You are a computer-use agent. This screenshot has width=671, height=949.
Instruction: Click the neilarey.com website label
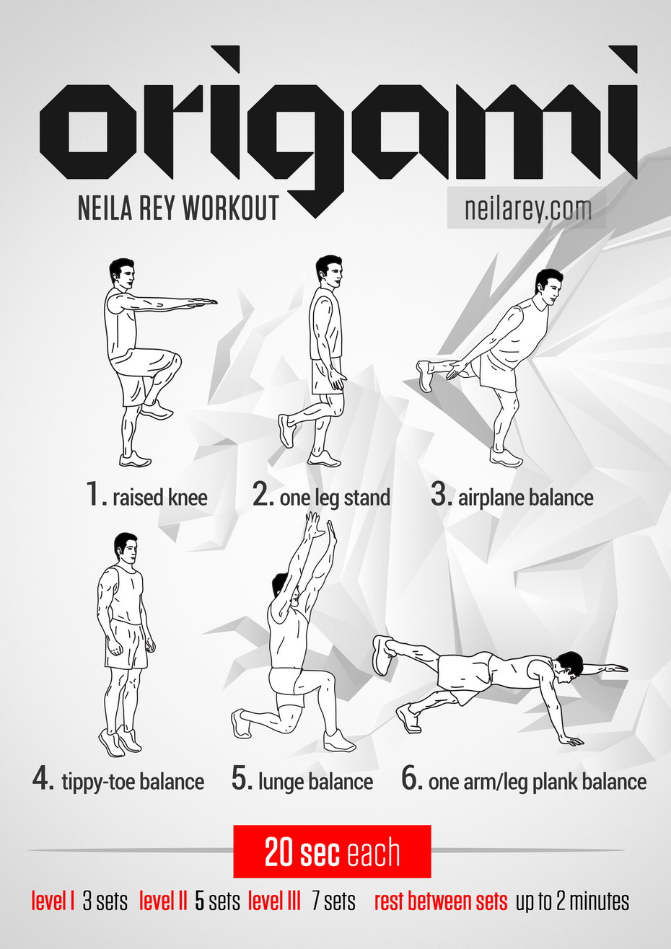click(x=527, y=208)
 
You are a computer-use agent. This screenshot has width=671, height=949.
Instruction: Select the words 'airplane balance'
click(x=525, y=498)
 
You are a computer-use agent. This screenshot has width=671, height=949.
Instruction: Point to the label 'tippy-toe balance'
click(x=133, y=782)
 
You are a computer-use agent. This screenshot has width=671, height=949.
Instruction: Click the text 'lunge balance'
click(x=316, y=781)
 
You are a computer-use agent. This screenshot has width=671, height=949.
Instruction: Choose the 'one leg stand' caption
click(x=335, y=498)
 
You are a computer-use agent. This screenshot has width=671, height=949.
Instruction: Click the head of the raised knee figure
click(x=122, y=274)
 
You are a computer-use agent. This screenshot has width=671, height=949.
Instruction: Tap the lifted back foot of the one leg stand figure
click(x=286, y=431)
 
